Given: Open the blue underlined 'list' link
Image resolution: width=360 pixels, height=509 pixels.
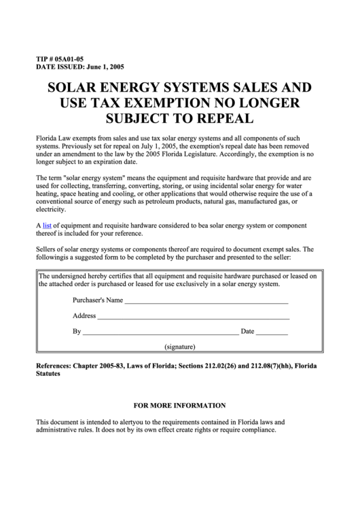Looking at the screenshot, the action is tap(47, 224).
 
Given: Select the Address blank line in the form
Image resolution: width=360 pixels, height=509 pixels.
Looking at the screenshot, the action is tap(193, 316).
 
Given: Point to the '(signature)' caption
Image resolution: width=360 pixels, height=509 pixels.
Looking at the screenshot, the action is tap(180, 347).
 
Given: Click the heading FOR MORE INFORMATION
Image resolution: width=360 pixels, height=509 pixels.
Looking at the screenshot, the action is tap(180, 406).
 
